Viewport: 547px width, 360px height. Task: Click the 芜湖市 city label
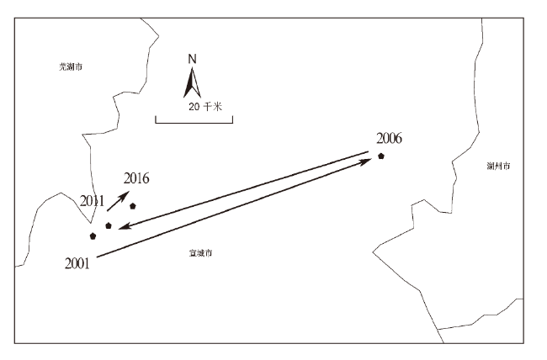59,66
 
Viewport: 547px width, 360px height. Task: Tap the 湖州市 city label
498,166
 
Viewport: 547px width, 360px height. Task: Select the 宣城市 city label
200,252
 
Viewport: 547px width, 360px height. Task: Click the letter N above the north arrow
193,59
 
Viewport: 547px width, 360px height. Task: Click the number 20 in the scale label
194,107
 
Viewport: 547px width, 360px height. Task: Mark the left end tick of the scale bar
156,121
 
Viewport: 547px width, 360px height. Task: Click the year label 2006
390,139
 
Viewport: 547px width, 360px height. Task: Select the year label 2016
136,177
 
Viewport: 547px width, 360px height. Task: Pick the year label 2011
92,201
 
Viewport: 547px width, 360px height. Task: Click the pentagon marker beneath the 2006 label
381,156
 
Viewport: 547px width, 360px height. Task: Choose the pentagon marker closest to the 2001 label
93,236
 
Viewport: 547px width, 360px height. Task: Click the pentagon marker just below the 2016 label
133,206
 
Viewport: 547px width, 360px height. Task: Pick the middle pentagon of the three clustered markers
109,225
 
